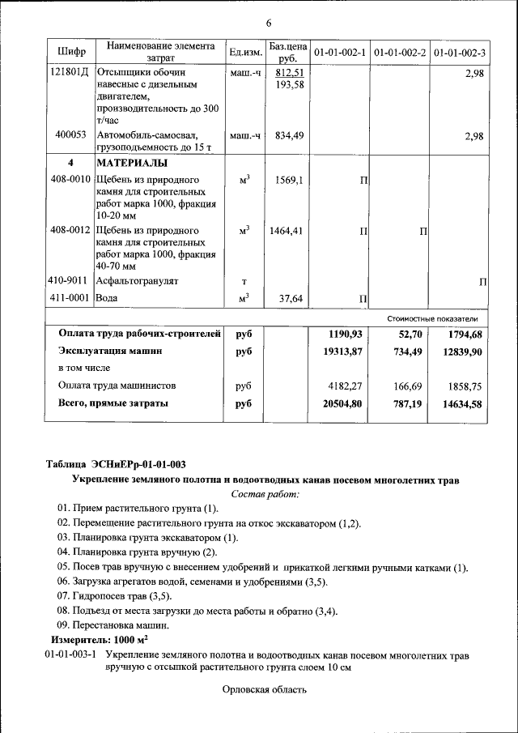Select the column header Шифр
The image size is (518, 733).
71,53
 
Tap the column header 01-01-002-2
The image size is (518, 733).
400,53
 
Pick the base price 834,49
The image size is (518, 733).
289,136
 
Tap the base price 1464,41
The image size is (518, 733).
287,231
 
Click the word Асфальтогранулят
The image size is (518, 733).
137,281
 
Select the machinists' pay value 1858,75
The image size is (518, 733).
465,386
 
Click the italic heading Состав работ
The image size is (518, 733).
265,493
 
